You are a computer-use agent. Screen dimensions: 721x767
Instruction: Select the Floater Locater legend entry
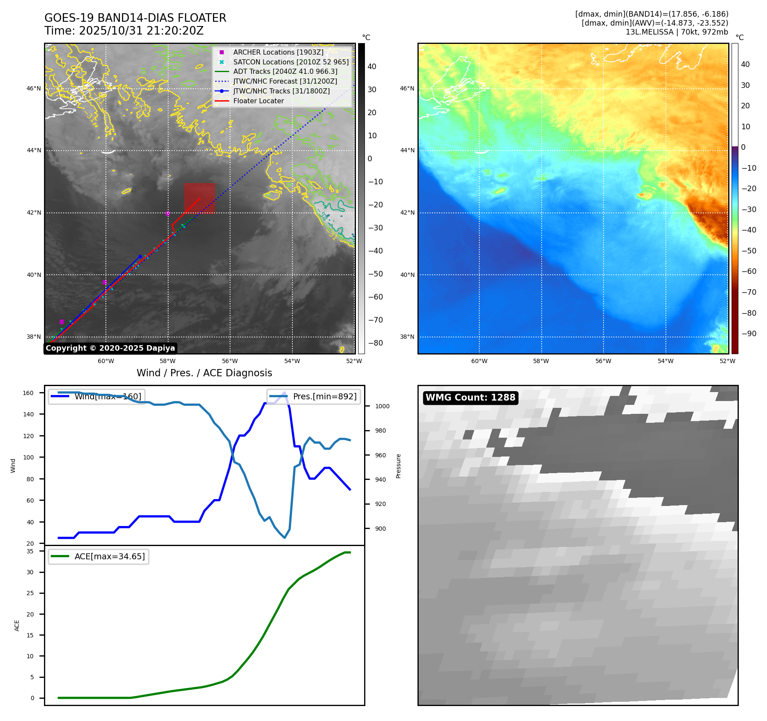point(258,101)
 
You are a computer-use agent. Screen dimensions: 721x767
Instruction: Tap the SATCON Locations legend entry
point(291,62)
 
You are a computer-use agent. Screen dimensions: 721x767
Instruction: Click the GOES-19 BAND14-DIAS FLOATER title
point(135,18)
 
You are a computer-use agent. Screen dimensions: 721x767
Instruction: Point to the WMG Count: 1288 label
point(470,398)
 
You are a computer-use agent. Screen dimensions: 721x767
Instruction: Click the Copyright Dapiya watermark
point(110,348)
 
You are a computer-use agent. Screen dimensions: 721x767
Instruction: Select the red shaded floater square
point(199,198)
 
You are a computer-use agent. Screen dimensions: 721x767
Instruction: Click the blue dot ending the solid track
point(140,256)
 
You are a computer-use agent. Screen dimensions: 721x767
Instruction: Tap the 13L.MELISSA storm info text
point(677,32)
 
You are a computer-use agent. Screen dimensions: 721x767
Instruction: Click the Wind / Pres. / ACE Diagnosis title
point(204,373)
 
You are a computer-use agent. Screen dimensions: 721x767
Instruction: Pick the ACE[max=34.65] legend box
point(99,556)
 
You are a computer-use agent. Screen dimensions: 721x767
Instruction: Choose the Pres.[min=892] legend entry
point(314,396)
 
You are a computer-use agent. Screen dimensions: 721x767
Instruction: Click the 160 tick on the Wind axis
point(28,393)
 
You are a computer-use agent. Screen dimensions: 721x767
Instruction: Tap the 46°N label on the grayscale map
point(34,89)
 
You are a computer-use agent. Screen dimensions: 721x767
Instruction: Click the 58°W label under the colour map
point(541,361)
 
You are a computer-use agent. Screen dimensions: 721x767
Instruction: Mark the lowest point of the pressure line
point(285,538)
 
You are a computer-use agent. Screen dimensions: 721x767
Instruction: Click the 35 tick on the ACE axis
point(30,551)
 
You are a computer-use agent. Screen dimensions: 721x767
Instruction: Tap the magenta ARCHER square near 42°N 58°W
point(167,213)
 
